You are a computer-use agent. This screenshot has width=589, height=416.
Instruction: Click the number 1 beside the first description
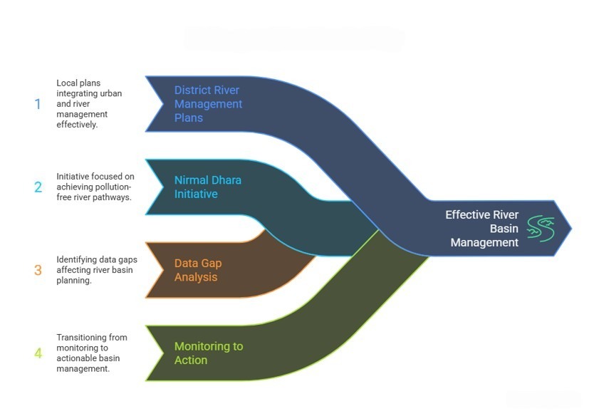(x=38, y=104)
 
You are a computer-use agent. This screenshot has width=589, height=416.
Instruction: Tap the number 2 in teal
(x=38, y=187)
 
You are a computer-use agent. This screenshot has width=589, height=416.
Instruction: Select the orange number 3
(x=38, y=271)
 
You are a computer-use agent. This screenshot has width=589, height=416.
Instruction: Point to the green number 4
(x=38, y=353)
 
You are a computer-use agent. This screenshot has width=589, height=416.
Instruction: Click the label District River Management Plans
(x=208, y=104)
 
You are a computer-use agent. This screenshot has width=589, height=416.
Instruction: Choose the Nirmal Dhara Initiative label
(x=208, y=187)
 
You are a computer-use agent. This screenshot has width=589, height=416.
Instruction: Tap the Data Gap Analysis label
(x=198, y=270)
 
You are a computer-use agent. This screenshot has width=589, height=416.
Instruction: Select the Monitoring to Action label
(x=209, y=353)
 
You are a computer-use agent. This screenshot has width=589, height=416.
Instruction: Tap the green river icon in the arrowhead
(x=541, y=228)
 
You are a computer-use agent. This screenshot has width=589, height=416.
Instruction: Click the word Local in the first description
(x=68, y=83)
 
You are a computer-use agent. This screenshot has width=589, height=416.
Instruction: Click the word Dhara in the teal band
(x=226, y=180)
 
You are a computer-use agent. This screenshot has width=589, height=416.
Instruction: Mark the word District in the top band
(x=192, y=90)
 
